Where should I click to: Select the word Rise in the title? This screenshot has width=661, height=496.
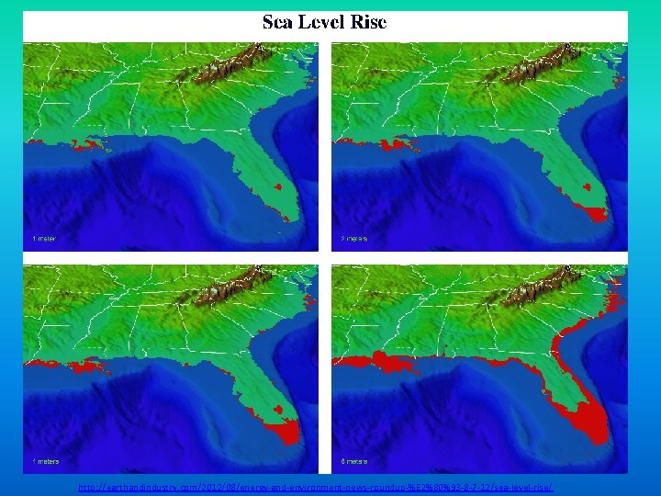pyautogui.click(x=368, y=22)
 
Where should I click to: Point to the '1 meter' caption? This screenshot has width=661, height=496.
pyautogui.click(x=44, y=239)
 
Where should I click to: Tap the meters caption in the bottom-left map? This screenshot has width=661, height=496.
pyautogui.click(x=46, y=460)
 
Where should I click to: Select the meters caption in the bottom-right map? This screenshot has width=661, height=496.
pyautogui.click(x=356, y=460)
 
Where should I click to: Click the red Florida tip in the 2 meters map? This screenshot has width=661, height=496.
pyautogui.click(x=595, y=214)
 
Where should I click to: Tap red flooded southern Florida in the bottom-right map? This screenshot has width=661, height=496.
pyautogui.click(x=588, y=418)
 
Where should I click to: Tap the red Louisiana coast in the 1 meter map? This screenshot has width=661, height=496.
pyautogui.click(x=90, y=144)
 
